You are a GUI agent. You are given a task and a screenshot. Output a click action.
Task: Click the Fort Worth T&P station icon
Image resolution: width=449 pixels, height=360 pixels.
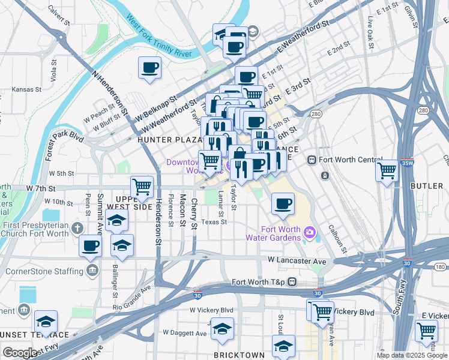[x=292, y=282]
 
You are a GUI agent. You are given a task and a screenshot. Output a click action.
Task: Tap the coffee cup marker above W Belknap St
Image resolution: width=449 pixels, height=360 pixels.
[x=149, y=68]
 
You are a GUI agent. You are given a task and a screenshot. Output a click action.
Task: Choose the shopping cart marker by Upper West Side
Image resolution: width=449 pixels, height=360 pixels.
[x=142, y=187]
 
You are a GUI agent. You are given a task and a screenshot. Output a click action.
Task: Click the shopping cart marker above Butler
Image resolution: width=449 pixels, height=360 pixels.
[x=387, y=170]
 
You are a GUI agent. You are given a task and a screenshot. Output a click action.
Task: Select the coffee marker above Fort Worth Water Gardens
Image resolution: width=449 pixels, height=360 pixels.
[x=283, y=203]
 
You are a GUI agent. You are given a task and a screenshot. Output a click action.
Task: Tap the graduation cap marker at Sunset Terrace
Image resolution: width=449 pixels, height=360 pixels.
[x=46, y=322]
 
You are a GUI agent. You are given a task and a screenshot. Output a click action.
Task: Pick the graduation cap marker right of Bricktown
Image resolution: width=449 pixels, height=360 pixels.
[x=284, y=346]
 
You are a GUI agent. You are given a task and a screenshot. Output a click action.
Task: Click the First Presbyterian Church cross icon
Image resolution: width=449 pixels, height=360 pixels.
[x=76, y=228]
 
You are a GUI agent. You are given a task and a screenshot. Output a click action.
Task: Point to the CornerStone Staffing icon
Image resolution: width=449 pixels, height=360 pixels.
[x=92, y=271]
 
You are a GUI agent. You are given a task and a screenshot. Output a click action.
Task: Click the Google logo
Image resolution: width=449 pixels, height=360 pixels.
[x=20, y=353]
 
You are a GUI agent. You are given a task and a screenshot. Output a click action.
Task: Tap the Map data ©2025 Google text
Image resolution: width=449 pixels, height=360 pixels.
[x=412, y=355]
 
